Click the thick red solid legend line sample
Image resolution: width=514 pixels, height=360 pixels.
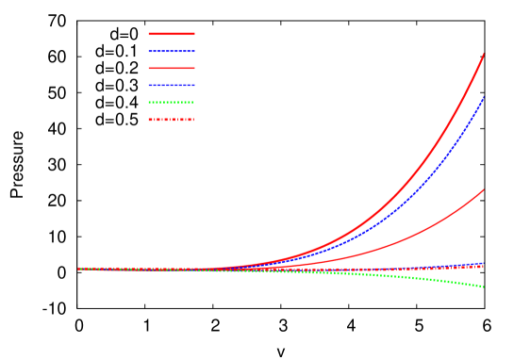pyautogui.click(x=172, y=34)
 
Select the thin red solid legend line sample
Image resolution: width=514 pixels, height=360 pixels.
pyautogui.click(x=172, y=68)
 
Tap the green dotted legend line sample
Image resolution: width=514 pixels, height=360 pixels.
pyautogui.click(x=172, y=102)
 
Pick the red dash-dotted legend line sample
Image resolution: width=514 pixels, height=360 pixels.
pyautogui.click(x=172, y=120)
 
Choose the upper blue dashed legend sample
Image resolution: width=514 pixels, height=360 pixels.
pyautogui.click(x=172, y=51)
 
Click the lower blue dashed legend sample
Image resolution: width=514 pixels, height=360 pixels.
pyautogui.click(x=172, y=85)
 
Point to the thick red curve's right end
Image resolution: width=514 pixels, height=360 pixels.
pyautogui.click(x=484, y=54)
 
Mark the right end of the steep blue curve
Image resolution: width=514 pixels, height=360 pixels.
pyautogui.click(x=484, y=97)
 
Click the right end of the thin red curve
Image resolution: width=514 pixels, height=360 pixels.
pyautogui.click(x=484, y=189)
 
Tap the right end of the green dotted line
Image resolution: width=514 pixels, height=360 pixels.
pyautogui.click(x=484, y=286)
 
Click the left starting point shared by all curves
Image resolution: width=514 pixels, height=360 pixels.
pyautogui.click(x=78, y=269)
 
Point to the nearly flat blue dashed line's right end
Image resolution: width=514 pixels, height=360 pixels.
pyautogui.click(x=484, y=264)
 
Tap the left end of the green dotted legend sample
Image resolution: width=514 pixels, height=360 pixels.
pyautogui.click(x=149, y=102)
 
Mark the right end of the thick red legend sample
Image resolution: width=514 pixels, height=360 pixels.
pyautogui.click(x=194, y=34)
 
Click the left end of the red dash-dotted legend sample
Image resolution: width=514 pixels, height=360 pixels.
pyautogui.click(x=149, y=120)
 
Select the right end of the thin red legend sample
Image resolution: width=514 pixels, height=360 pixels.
pyautogui.click(x=194, y=68)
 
